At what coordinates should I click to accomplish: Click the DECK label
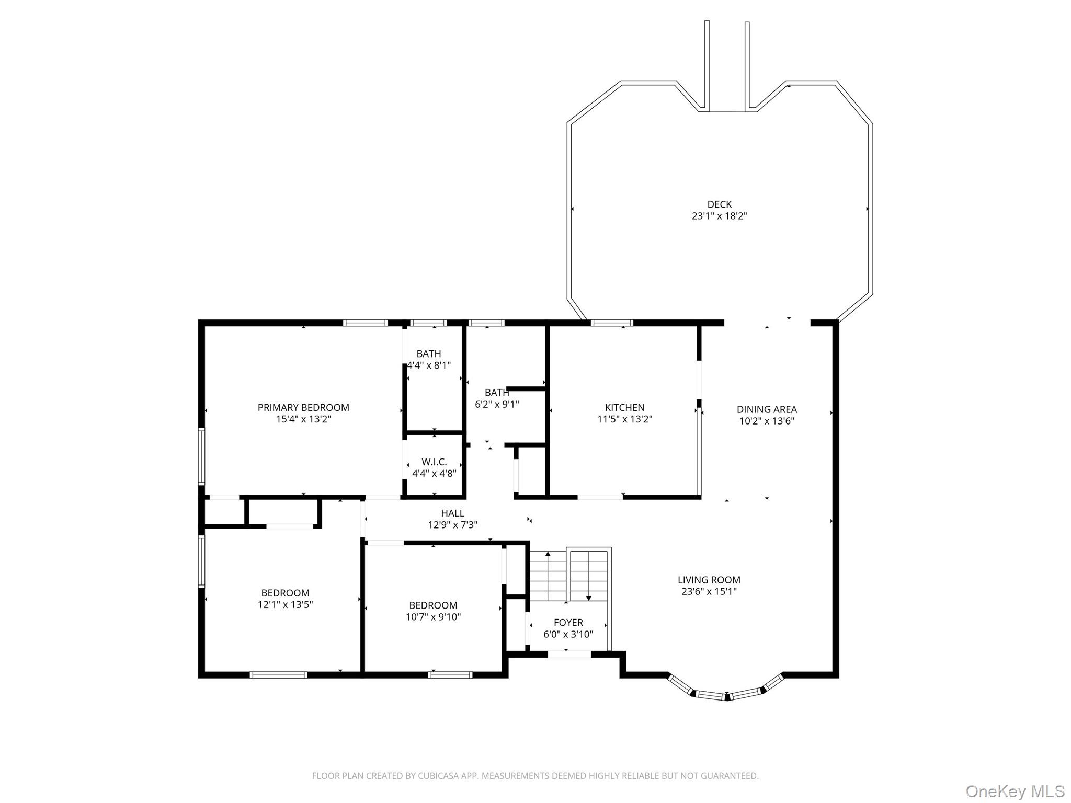719,204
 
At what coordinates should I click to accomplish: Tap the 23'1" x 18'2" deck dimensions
719,216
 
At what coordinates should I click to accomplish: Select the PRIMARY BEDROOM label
303,407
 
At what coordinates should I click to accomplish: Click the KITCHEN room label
624,407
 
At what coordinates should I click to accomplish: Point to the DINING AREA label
767,409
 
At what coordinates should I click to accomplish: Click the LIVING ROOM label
709,580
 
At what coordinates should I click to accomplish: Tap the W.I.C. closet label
434,462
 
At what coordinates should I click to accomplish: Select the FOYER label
568,623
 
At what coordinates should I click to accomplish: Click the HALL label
452,513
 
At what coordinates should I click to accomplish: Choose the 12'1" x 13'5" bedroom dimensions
285,605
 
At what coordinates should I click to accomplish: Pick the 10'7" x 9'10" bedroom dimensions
433,617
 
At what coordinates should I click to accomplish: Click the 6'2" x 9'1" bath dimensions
496,404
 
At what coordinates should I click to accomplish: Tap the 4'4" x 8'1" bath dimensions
429,365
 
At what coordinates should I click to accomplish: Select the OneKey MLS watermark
1015,791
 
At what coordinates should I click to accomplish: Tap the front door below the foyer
569,654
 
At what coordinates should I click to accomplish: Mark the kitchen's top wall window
612,323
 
